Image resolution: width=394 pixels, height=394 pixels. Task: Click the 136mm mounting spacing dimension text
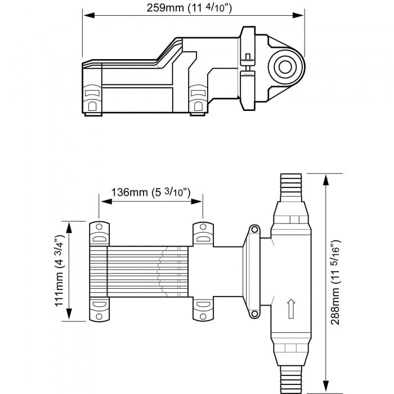tap(150, 192)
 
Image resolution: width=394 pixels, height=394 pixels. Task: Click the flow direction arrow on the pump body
tap(290, 308)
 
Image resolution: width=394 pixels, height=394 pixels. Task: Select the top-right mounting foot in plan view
tap(203, 233)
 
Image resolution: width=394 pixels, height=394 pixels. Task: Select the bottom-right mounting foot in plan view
tap(203, 308)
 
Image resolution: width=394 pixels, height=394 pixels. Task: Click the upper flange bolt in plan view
tap(254, 230)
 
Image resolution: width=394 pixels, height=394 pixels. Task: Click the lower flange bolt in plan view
tap(254, 314)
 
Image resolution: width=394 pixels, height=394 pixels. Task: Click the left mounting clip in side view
tap(92, 98)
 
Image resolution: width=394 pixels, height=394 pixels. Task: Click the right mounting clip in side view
tap(198, 98)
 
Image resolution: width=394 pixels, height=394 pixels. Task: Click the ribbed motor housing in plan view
tap(138, 271)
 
